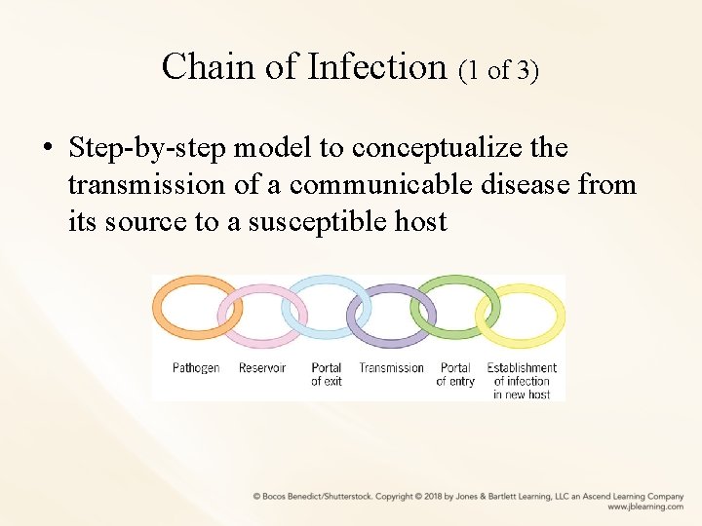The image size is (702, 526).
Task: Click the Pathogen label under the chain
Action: click(196, 368)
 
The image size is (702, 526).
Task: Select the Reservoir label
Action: click(262, 368)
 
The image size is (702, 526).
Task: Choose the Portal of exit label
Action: click(327, 374)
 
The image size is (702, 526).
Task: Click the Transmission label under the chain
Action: click(391, 368)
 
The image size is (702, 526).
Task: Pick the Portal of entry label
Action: click(455, 374)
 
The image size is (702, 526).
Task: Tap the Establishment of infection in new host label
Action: click(522, 381)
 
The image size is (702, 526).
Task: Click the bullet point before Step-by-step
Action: click(46, 150)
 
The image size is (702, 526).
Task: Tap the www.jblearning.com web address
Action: click(644, 507)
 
